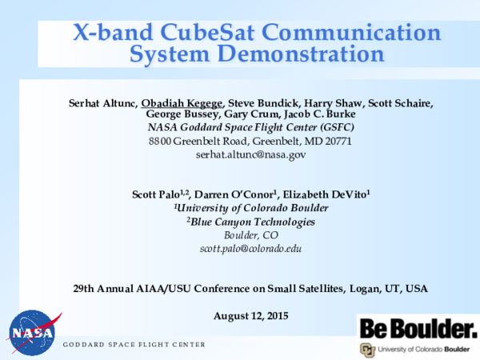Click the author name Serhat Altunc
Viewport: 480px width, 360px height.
pos(103,102)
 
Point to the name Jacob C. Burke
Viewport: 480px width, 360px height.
pos(320,115)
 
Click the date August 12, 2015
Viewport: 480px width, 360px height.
pos(250,316)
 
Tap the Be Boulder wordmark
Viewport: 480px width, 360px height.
pos(417,328)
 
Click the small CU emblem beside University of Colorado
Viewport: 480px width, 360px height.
pos(367,350)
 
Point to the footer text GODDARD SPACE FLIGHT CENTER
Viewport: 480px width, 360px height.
pos(134,344)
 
